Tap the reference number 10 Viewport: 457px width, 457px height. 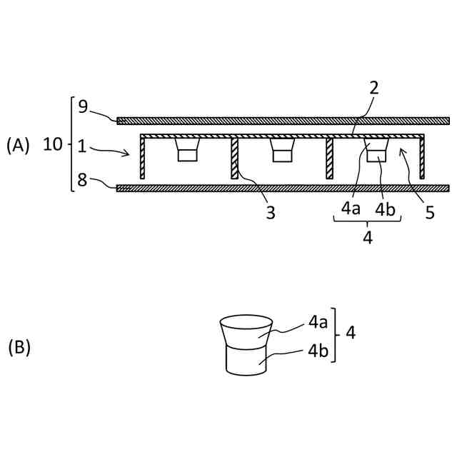(53, 145)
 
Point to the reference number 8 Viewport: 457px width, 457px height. (83, 181)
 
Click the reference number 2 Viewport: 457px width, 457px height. (374, 88)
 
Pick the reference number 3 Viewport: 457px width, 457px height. (271, 212)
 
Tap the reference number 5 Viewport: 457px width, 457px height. (429, 212)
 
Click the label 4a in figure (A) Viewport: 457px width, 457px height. (351, 210)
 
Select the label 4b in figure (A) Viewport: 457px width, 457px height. (386, 210)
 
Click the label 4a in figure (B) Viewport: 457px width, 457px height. (319, 322)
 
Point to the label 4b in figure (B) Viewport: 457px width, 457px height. (319, 351)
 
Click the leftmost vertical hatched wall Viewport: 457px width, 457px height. (143, 159)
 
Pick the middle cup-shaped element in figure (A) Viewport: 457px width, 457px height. (282, 150)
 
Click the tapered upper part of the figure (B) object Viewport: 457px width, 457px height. (245, 332)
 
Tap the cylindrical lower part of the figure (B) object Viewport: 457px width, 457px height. (245, 360)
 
